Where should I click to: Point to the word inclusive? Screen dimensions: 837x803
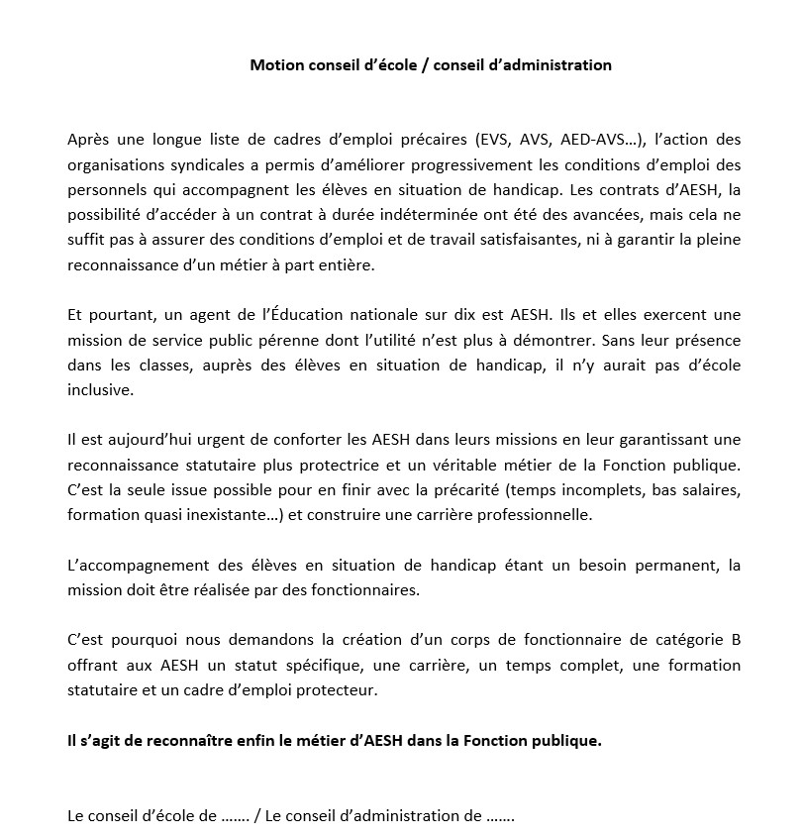(98, 391)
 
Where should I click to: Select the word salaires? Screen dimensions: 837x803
(712, 490)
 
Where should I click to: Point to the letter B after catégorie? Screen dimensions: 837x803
(735, 641)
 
